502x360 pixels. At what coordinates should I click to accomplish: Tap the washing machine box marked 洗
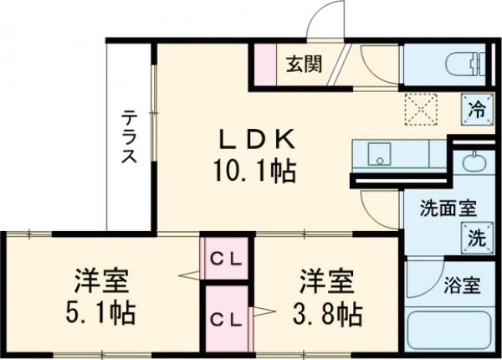click(474, 237)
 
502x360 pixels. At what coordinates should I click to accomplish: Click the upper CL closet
click(225, 260)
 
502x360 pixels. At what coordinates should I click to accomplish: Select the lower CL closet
click(225, 318)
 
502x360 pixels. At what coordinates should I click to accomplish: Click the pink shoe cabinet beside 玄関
click(265, 63)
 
